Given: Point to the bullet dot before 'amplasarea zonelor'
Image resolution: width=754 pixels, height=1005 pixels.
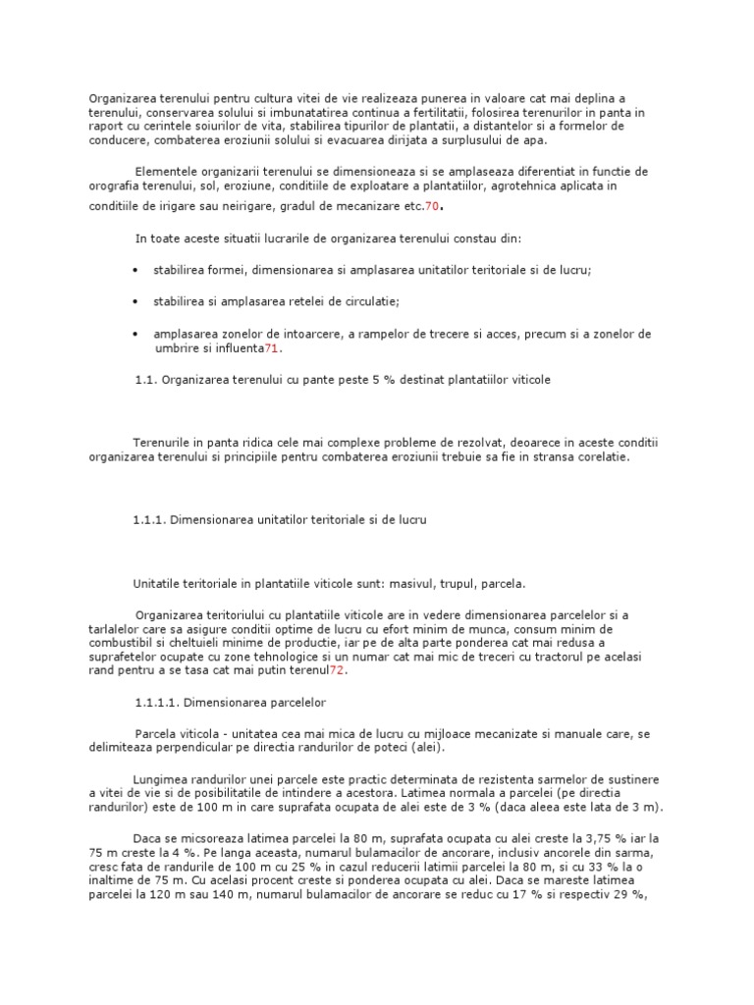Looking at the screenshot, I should pyautogui.click(x=134, y=334).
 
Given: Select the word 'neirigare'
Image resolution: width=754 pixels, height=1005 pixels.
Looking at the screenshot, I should pyautogui.click(x=257, y=206).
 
